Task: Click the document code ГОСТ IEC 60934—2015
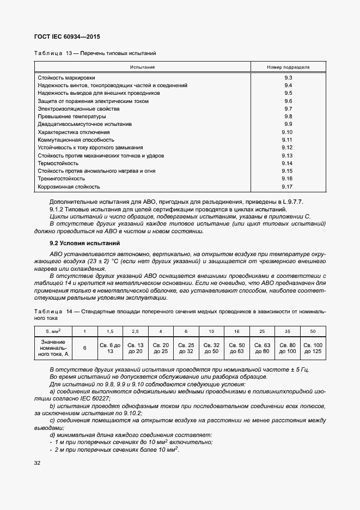pyautogui.click(x=68, y=37)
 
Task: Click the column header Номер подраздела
pyautogui.click(x=288, y=67)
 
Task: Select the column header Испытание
pyautogui.click(x=142, y=67)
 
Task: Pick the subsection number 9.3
pyautogui.click(x=288, y=78)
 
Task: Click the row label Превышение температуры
pyautogui.click(x=71, y=117)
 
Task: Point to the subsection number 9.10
pyautogui.click(x=288, y=132)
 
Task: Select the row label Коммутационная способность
pyautogui.click(x=74, y=140)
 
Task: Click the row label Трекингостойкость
pyautogui.click(x=61, y=179)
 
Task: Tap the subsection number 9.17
pyautogui.click(x=288, y=186)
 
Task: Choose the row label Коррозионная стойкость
pyautogui.click(x=69, y=186)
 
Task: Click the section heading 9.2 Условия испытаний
pyautogui.click(x=84, y=243)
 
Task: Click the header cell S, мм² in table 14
pyautogui.click(x=53, y=331)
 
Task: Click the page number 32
pyautogui.click(x=38, y=463)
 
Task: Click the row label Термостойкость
pyautogui.click(x=58, y=163)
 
